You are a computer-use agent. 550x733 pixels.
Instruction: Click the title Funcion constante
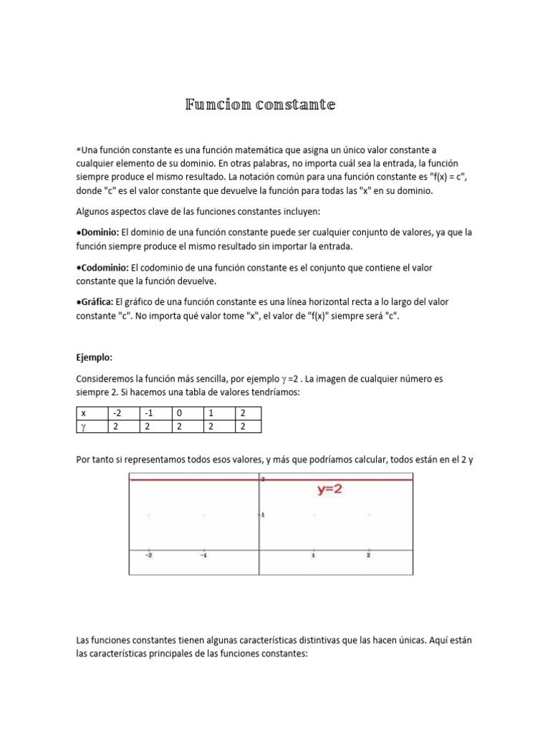click(260, 105)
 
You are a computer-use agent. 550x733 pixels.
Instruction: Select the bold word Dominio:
click(100, 233)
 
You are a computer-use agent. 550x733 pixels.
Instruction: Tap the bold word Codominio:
click(105, 267)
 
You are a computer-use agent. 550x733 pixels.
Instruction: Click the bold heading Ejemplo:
click(95, 356)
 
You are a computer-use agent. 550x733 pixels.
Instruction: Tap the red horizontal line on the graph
click(193, 480)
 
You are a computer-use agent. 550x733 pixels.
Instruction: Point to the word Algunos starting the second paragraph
click(93, 212)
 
